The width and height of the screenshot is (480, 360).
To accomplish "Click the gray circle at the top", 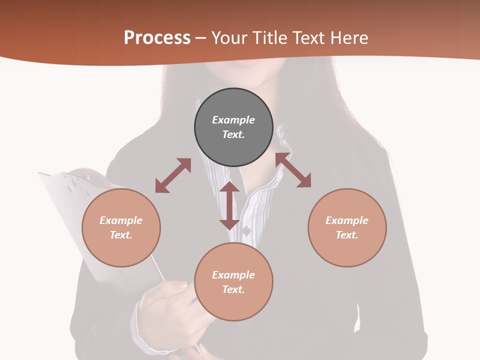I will tap(233, 127).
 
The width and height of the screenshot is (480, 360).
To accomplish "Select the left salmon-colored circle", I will tap(121, 227).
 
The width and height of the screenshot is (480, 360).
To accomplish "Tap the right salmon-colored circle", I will tap(347, 227).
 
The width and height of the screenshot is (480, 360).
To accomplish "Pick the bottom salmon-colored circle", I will tap(233, 282).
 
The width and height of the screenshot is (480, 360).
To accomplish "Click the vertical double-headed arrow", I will tap(229, 205).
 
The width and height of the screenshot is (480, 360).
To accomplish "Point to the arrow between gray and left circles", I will tap(173, 175).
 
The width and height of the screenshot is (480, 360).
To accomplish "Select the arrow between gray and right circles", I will tap(293, 170).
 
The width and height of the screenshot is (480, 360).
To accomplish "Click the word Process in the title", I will tap(157, 37).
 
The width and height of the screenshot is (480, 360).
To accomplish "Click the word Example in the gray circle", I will tap(233, 120).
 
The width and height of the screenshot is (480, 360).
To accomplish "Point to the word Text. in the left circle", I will tap(121, 235).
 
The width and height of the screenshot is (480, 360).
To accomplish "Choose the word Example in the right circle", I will tap(347, 220).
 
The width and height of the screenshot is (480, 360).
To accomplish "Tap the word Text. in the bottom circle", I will tap(233, 289).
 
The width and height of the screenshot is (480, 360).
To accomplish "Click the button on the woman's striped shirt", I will tap(246, 230).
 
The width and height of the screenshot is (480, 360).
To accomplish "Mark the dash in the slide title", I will tap(201, 38).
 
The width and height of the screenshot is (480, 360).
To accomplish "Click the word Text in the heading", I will tap(308, 37).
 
